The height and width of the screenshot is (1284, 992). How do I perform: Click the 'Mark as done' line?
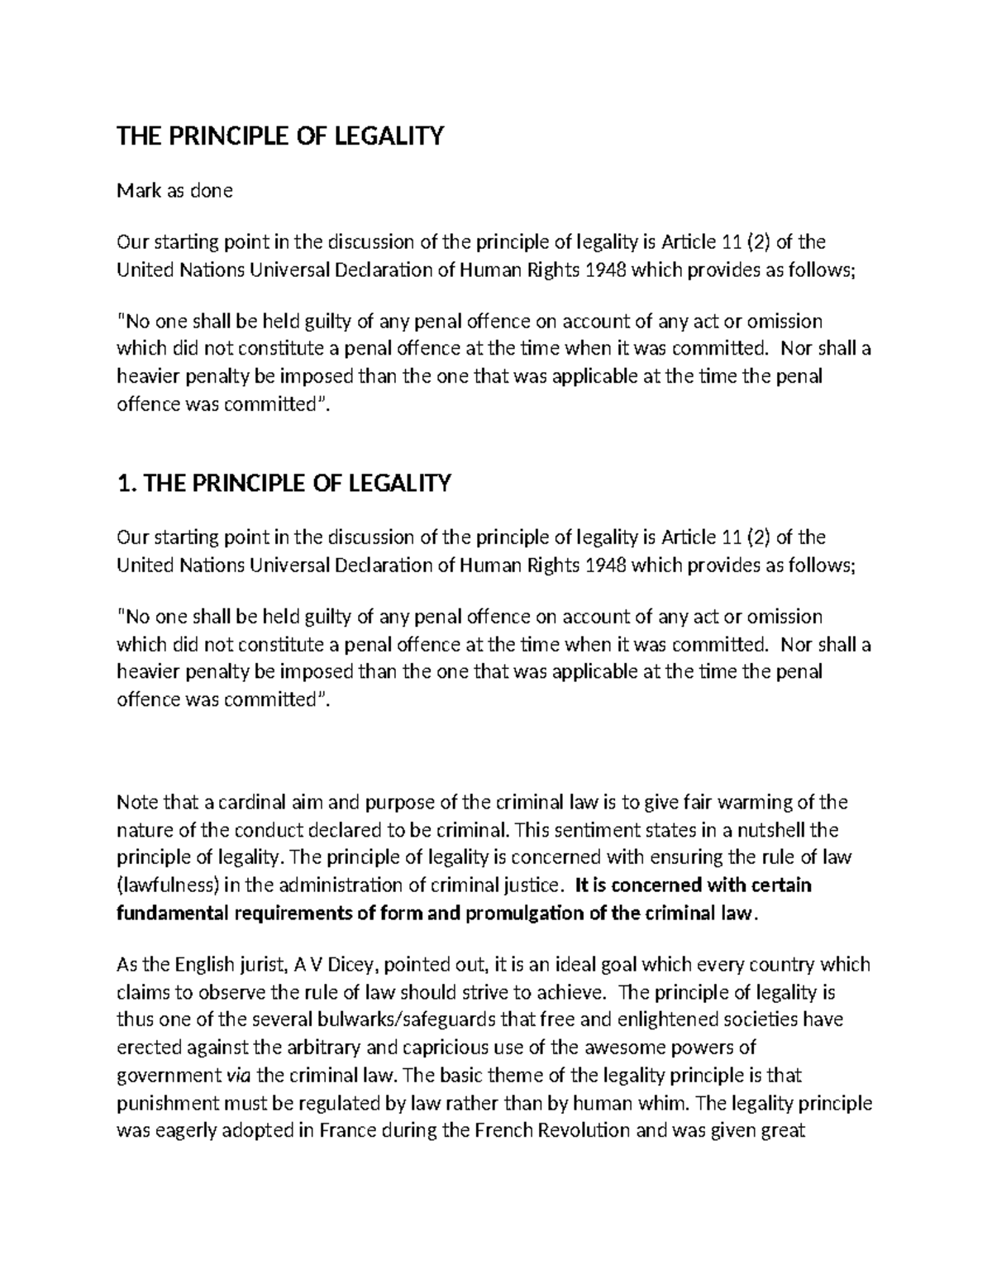click(x=174, y=191)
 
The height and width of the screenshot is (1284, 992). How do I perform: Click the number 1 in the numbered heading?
click(x=125, y=483)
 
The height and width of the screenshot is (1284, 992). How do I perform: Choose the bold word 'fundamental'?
click(x=170, y=913)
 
